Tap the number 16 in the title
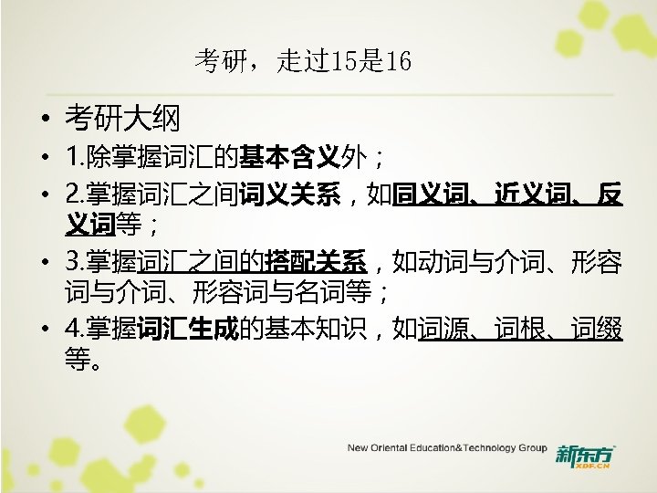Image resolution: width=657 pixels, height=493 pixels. (x=399, y=62)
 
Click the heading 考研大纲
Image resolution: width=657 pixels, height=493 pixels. (x=121, y=118)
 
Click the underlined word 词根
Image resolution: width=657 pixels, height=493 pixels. (x=518, y=331)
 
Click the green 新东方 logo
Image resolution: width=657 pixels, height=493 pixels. (x=585, y=454)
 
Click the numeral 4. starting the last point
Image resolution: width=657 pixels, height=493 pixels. (x=74, y=331)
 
